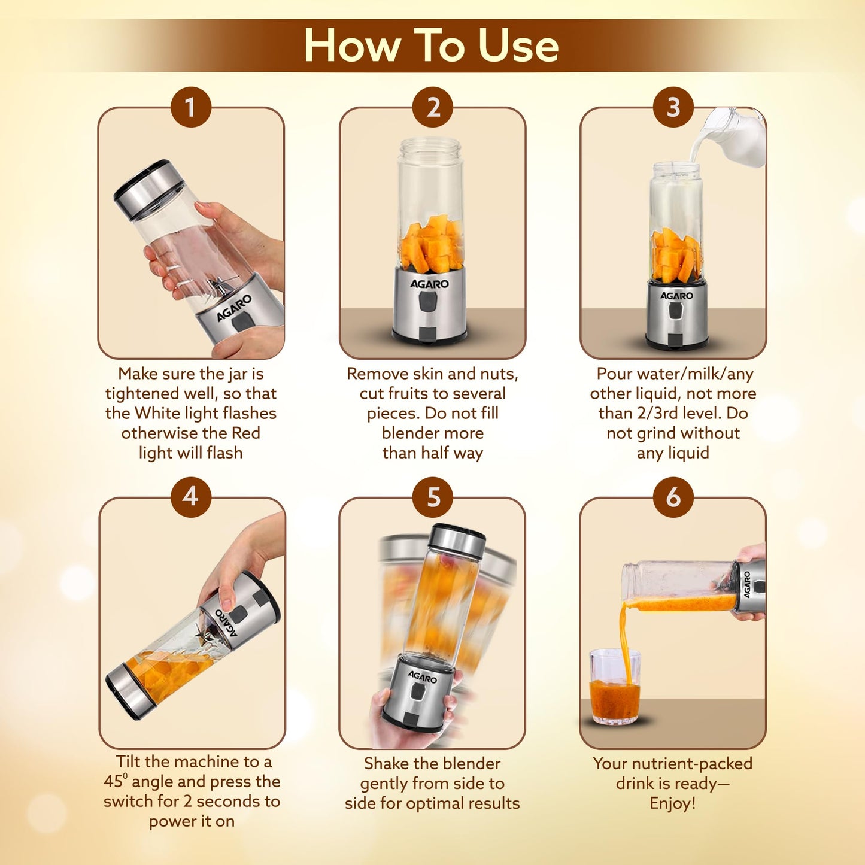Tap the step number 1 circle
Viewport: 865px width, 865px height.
click(190, 108)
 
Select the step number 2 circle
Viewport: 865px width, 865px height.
click(433, 108)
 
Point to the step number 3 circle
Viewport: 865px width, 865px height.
click(673, 108)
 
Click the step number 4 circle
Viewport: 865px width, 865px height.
click(190, 497)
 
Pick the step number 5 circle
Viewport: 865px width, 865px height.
click(433, 497)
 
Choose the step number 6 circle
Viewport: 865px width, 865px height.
click(673, 497)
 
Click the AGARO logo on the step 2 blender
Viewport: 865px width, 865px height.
click(429, 284)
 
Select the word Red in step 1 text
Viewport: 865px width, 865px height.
click(245, 433)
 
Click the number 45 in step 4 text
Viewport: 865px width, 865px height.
click(113, 781)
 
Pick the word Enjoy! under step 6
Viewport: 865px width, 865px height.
click(673, 803)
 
